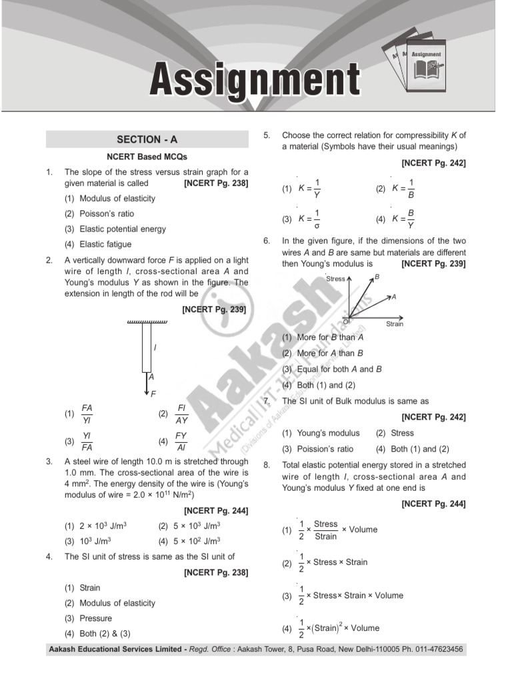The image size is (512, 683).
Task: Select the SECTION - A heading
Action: [x=147, y=139]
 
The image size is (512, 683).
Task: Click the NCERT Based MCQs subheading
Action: [x=147, y=157]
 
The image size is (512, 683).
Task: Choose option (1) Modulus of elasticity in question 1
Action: [x=117, y=199]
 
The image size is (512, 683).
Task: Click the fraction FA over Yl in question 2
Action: [x=87, y=414]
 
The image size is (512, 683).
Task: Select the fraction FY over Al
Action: [x=181, y=442]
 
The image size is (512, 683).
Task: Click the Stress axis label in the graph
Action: [x=335, y=279]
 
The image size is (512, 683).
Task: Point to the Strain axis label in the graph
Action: [x=395, y=324]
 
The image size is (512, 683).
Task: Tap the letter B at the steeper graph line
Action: [x=377, y=276]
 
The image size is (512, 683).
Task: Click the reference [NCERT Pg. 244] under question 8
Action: [x=433, y=504]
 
